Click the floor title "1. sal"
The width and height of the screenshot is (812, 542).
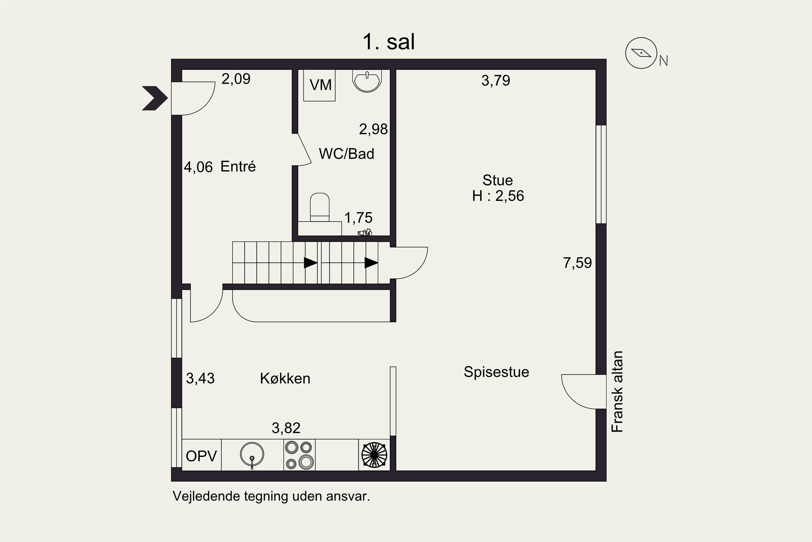click(388, 42)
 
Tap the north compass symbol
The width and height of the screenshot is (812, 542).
click(641, 53)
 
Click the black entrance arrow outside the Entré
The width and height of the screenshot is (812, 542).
click(155, 98)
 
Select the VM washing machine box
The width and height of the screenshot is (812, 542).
click(319, 85)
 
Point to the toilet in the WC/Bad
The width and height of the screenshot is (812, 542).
click(320, 207)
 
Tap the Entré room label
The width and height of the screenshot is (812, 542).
click(238, 167)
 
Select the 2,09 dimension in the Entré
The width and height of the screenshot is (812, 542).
click(236, 79)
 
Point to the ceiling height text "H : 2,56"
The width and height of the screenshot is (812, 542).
click(498, 196)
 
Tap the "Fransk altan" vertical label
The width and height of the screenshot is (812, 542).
click(617, 392)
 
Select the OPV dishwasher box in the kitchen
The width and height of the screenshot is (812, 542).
click(202, 455)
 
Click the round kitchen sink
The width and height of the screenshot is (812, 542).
click(252, 454)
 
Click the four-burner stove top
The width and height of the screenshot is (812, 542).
click(299, 455)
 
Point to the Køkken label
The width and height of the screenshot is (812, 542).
click(285, 379)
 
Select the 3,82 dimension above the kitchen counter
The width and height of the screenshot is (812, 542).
click(286, 428)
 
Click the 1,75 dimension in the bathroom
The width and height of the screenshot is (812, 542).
click(358, 218)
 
